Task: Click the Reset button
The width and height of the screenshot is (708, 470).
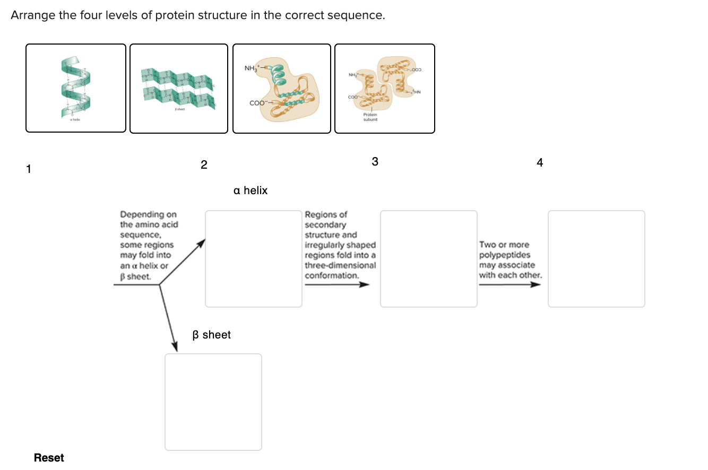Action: (49, 458)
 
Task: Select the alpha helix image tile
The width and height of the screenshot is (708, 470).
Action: (76, 88)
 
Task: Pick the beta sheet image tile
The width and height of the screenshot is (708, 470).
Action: (179, 88)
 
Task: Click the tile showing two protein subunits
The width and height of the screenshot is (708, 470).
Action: (385, 88)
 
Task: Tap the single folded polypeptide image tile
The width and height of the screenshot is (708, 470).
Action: (282, 88)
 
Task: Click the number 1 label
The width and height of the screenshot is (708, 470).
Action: (29, 169)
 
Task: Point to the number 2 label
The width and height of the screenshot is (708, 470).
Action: (204, 165)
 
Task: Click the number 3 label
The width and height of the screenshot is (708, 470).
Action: (375, 162)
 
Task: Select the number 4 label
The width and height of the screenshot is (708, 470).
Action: (540, 163)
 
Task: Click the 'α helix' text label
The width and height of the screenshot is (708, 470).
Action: (251, 190)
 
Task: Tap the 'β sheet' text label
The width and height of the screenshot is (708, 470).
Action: (211, 335)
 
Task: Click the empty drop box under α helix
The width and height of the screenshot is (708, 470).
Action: (254, 259)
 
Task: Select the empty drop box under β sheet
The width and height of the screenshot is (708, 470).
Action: (213, 402)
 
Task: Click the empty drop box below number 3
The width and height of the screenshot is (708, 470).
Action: (429, 259)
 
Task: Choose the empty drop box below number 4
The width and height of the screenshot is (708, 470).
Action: (597, 259)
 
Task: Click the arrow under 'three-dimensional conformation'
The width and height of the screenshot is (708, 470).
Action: (336, 285)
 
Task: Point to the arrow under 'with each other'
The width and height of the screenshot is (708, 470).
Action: (510, 285)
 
